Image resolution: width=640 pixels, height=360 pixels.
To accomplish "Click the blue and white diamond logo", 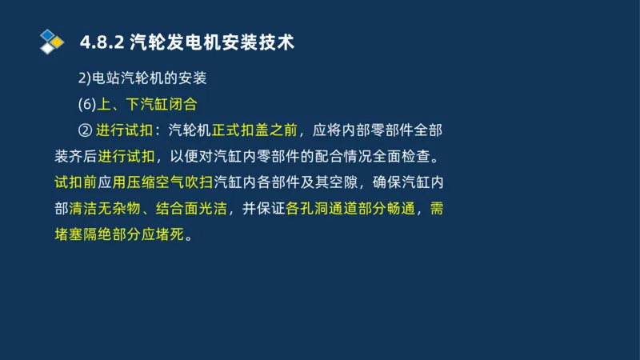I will [x=52, y=42].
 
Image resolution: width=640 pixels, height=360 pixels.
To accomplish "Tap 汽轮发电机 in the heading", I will [x=176, y=42].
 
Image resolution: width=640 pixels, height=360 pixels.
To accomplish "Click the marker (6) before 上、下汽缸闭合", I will [x=86, y=104].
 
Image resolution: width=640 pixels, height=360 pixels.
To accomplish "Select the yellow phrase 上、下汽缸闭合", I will [x=146, y=104].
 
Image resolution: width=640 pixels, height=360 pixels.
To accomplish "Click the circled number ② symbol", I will [x=84, y=130].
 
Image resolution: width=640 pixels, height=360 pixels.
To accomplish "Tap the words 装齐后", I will [x=76, y=156].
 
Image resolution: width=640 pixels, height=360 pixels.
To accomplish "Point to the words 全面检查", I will [x=407, y=156].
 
